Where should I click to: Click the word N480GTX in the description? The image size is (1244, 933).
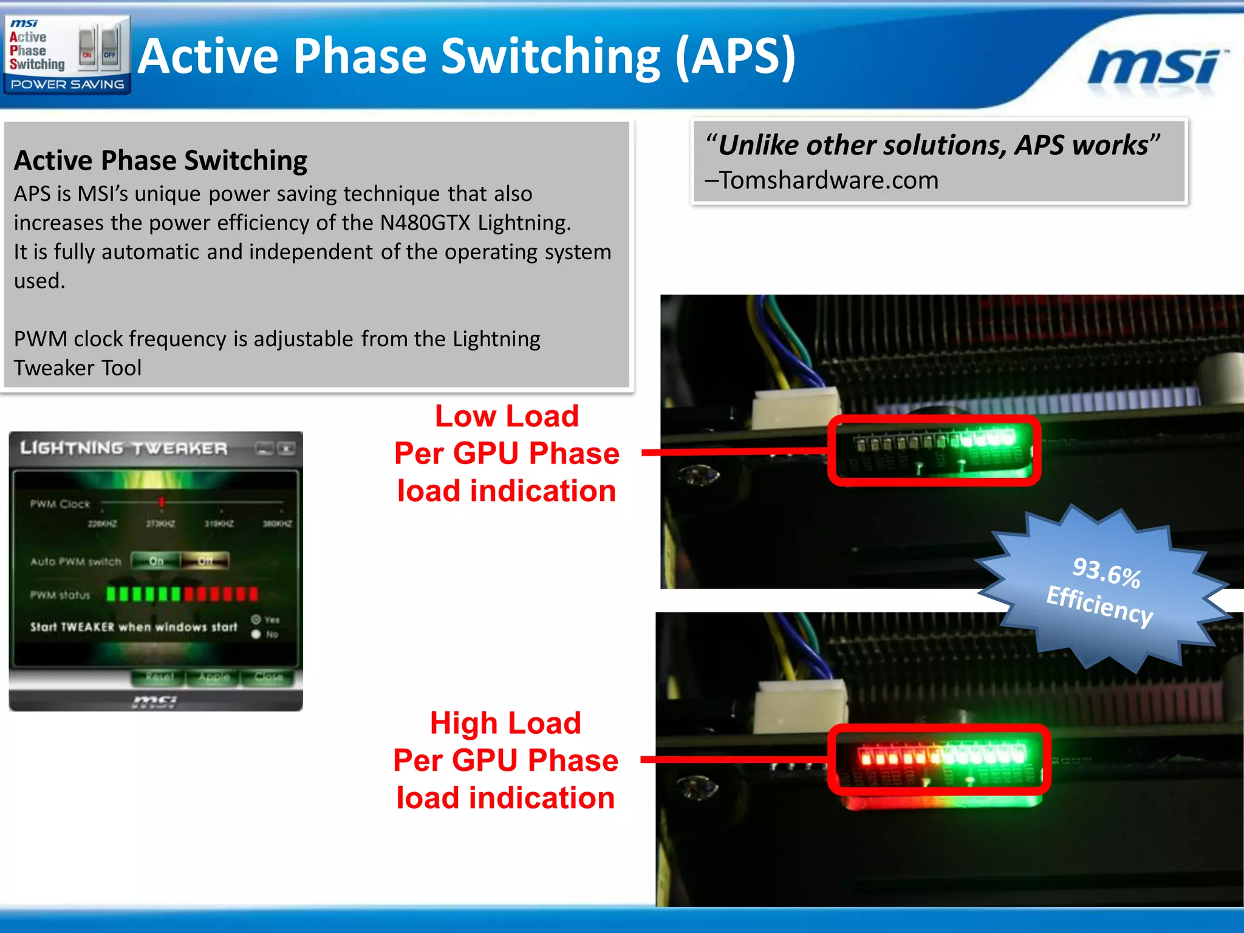pos(425,223)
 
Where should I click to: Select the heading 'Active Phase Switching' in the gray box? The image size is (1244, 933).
pos(160,160)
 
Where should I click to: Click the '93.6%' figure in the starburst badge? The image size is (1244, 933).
pos(1106,572)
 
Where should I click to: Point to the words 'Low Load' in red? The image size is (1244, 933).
pos(507,417)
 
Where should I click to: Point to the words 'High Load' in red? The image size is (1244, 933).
pos(505,723)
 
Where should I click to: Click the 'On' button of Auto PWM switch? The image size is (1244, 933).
pos(156,561)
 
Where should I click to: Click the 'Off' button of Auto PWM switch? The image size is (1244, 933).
pos(205,561)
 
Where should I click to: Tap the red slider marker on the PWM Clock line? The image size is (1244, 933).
pos(162,502)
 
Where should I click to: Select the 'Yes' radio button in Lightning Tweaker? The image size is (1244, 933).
pos(256,620)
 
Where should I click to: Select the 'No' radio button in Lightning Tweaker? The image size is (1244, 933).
pos(256,634)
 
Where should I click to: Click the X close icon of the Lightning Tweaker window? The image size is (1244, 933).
pos(286,449)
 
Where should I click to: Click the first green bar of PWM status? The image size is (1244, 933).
pos(111,593)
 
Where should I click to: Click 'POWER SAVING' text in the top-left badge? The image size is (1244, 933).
pos(67,84)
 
